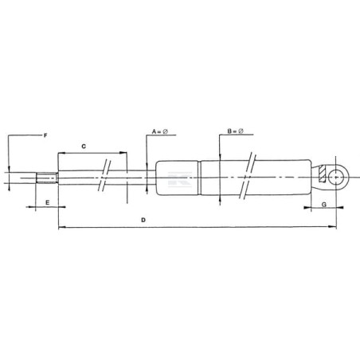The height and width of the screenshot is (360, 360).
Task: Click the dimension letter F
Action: pos(45,135)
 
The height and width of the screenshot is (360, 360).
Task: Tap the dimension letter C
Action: pos(84,147)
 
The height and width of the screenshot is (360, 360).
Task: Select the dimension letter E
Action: pos(48,202)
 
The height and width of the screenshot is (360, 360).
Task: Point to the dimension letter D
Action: pos(143,220)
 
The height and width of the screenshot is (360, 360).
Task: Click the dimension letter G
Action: pos(324,205)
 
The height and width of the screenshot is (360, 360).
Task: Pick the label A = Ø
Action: pos(160,131)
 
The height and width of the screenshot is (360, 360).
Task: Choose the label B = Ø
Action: pos(235,131)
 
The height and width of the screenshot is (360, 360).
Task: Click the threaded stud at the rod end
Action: pos(47,178)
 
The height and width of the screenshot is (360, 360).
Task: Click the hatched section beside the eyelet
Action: pos(322,174)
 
